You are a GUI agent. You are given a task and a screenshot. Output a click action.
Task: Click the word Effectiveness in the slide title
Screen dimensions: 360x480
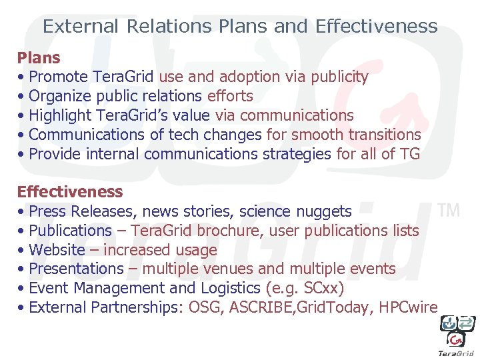377,27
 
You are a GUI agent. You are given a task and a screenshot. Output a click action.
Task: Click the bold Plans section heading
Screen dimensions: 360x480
39,58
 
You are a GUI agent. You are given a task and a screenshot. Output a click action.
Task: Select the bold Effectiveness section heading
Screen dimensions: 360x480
70,192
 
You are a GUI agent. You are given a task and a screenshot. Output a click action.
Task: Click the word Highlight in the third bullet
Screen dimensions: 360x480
61,116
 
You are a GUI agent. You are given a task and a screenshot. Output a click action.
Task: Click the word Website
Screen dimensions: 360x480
57,251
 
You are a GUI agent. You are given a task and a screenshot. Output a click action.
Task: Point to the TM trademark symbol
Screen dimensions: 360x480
449,211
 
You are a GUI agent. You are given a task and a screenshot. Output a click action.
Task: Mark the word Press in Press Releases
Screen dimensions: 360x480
48,212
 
